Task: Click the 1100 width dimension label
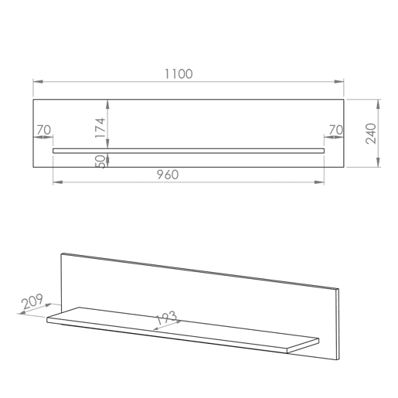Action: point(179,74)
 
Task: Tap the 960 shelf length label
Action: point(168,175)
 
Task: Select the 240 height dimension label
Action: point(371,134)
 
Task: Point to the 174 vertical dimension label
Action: point(100,128)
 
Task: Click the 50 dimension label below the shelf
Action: point(100,162)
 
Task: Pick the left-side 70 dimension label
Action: point(44,130)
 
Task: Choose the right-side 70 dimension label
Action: point(336,130)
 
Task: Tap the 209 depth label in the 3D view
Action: point(32,301)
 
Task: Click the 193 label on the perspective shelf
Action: point(166,318)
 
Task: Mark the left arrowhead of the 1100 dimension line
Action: point(38,82)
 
